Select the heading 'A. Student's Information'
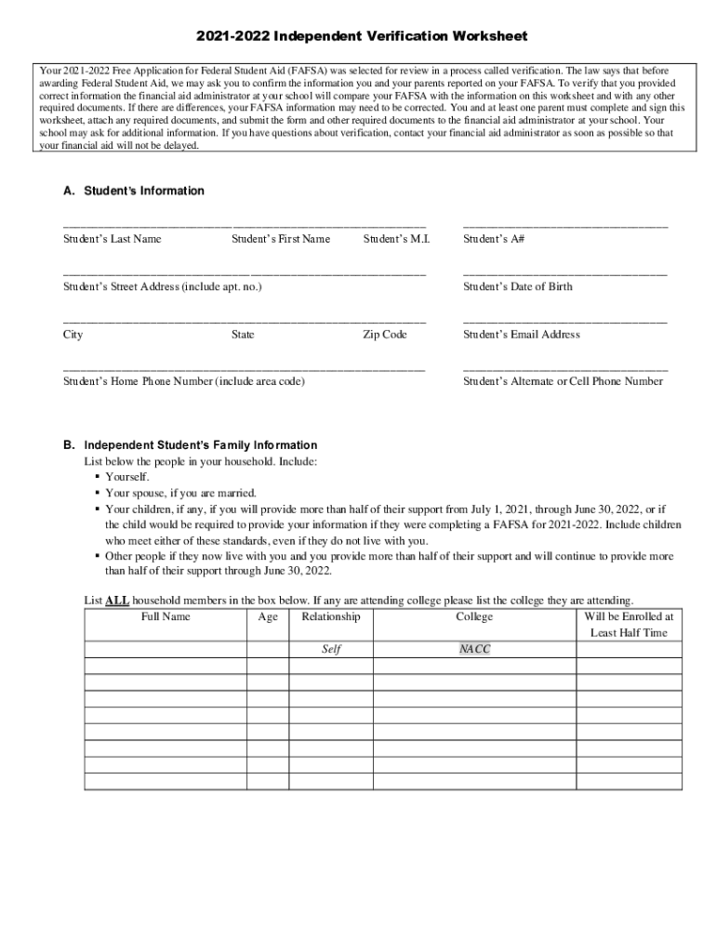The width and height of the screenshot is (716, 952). pyautogui.click(x=133, y=191)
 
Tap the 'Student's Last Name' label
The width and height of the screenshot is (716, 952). pyautogui.click(x=112, y=239)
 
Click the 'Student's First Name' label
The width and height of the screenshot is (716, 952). pyautogui.click(x=281, y=239)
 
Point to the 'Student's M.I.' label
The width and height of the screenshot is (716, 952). pyautogui.click(x=396, y=239)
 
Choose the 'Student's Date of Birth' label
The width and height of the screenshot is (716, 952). pyautogui.click(x=518, y=286)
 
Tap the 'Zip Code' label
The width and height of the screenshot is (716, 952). pyautogui.click(x=385, y=334)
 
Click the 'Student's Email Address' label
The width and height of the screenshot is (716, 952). pyautogui.click(x=522, y=334)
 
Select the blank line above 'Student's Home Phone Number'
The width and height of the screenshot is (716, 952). pyautogui.click(x=244, y=368)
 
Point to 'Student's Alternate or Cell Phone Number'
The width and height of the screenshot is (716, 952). pyautogui.click(x=564, y=381)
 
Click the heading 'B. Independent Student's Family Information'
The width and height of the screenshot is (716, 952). pyautogui.click(x=190, y=445)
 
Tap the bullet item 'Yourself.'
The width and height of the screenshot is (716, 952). pyautogui.click(x=127, y=477)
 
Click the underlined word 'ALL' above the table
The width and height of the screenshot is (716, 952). pyautogui.click(x=117, y=601)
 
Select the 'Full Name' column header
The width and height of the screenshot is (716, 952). pyautogui.click(x=166, y=616)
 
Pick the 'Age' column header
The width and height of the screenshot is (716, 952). pyautogui.click(x=267, y=616)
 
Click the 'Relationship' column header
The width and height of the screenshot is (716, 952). pyautogui.click(x=331, y=616)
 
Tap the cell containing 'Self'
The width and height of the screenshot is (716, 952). pyautogui.click(x=331, y=649)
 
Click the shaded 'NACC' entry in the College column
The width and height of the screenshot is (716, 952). pyautogui.click(x=474, y=649)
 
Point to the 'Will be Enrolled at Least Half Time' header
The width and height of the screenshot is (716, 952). pyautogui.click(x=629, y=625)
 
